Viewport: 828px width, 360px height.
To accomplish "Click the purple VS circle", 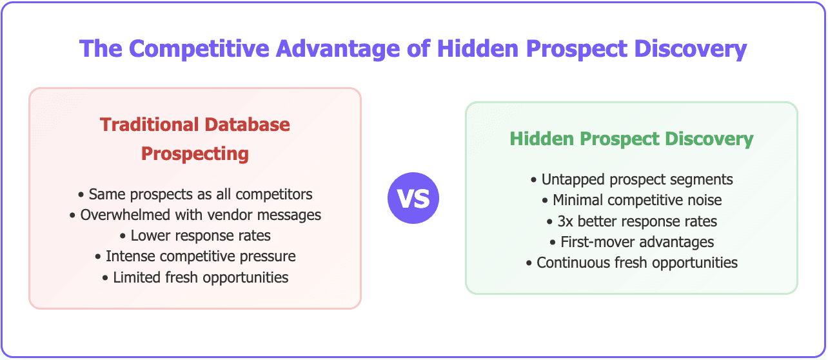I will click(413, 198).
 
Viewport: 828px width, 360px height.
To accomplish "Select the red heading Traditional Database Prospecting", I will click(195, 139).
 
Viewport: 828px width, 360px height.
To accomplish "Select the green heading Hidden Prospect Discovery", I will click(631, 139).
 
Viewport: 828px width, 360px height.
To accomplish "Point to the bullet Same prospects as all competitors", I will click(195, 194).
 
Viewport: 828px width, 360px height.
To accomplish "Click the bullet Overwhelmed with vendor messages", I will click(195, 215).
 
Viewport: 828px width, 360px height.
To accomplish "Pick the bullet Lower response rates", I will click(195, 235).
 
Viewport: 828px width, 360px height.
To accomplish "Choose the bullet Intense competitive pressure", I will click(195, 256).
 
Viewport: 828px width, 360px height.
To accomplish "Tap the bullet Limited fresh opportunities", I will click(195, 277).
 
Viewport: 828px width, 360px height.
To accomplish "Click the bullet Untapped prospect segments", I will click(631, 179).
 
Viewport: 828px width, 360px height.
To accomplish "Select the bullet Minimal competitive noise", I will click(631, 200).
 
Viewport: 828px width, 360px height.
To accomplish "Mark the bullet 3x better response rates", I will click(631, 221).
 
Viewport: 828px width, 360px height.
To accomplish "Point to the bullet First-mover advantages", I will click(631, 242).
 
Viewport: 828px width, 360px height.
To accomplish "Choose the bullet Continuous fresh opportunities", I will click(631, 263).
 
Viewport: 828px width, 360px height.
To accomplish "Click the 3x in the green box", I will click(566, 221).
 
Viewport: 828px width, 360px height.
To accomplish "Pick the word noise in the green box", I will click(704, 200).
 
